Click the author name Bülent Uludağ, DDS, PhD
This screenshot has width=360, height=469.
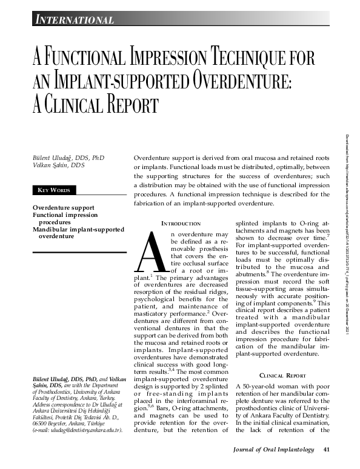(x=68, y=158)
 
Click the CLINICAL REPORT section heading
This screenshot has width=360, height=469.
(x=279, y=376)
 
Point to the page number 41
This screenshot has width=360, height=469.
(x=326, y=450)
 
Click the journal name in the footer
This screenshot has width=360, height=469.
(x=274, y=450)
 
